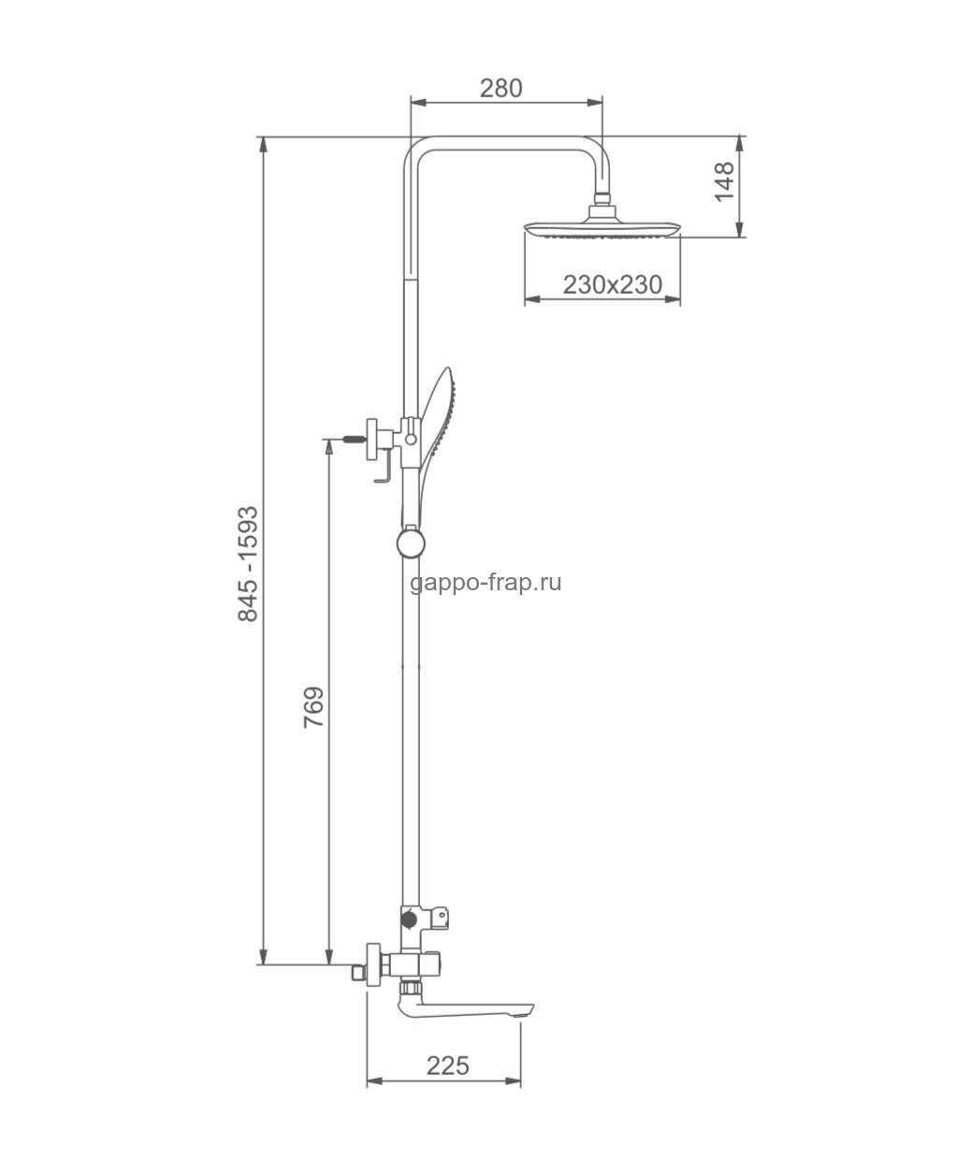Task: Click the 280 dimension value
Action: [501, 88]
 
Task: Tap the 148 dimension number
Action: [724, 182]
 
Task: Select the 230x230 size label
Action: [613, 285]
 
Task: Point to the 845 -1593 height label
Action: [248, 563]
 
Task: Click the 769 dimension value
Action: [313, 707]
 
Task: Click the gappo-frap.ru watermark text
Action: [486, 583]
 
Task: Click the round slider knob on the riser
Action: [411, 543]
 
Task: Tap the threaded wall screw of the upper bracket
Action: [355, 440]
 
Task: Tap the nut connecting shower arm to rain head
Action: [602, 198]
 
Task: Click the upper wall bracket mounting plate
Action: [371, 440]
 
